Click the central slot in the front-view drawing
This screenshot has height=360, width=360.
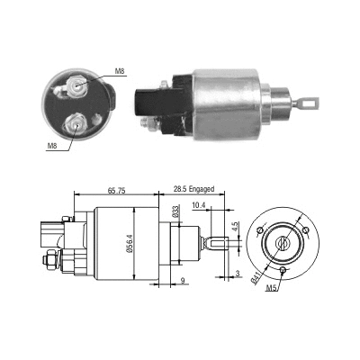283,240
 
